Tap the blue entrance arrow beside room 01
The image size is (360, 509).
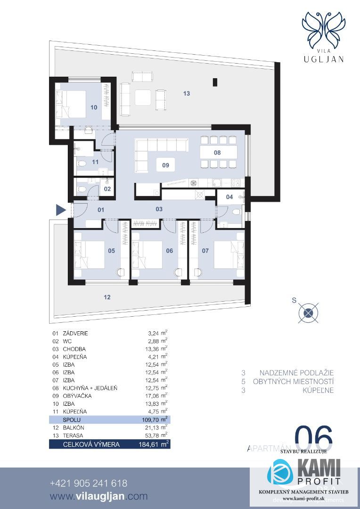pos(60,210)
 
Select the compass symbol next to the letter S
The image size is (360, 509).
pos(308,312)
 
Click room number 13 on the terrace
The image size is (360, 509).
pos(187,94)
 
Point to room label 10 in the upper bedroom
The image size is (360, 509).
pos(94,107)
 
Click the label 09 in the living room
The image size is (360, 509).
pos(165,166)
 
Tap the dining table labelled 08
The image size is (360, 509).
pos(217,152)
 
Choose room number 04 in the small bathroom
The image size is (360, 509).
pos(229,197)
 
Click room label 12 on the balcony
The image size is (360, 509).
pos(107,297)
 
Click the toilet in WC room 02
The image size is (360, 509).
pos(82,189)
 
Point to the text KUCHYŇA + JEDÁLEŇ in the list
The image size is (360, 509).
pos(90,388)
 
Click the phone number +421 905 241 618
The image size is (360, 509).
pos(89,484)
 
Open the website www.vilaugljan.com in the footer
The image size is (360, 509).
pos(98,496)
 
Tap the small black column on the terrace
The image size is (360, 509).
pos(215,82)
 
